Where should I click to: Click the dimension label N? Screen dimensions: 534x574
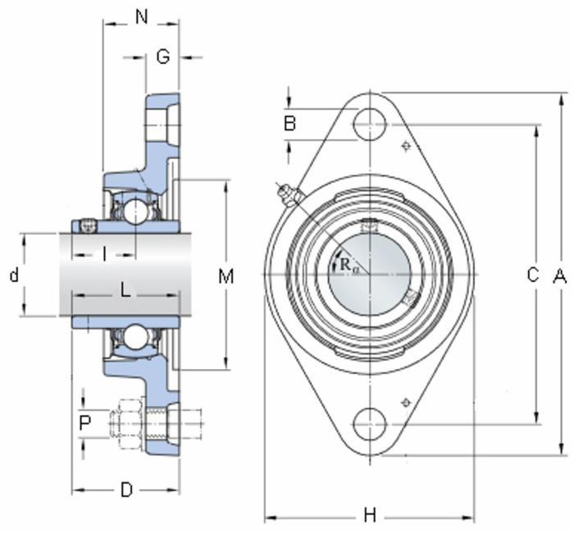coord(141,16)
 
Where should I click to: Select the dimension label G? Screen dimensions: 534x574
coord(162,57)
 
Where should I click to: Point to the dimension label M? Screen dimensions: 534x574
coord(225,276)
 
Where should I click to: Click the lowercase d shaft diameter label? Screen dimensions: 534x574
coord(14,275)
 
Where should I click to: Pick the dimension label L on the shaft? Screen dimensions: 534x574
coord(125,289)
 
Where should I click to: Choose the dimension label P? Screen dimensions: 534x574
coord(84,423)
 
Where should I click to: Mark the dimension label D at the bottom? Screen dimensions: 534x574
coord(126,490)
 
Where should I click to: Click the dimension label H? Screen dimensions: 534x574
coord(369,515)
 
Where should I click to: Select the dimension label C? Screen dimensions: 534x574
coord(532,276)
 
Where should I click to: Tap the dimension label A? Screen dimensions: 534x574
coord(560,276)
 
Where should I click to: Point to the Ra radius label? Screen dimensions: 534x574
coord(348,264)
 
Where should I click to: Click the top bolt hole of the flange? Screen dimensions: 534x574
coord(369,125)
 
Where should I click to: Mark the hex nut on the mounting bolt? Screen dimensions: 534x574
coord(131,423)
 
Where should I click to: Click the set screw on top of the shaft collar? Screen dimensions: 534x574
coord(89,225)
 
